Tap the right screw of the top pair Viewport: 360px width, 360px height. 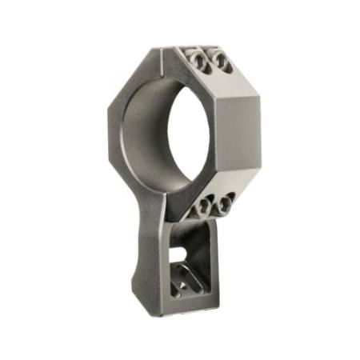(x=221, y=63)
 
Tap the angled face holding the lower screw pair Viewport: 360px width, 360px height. (x=216, y=196)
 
